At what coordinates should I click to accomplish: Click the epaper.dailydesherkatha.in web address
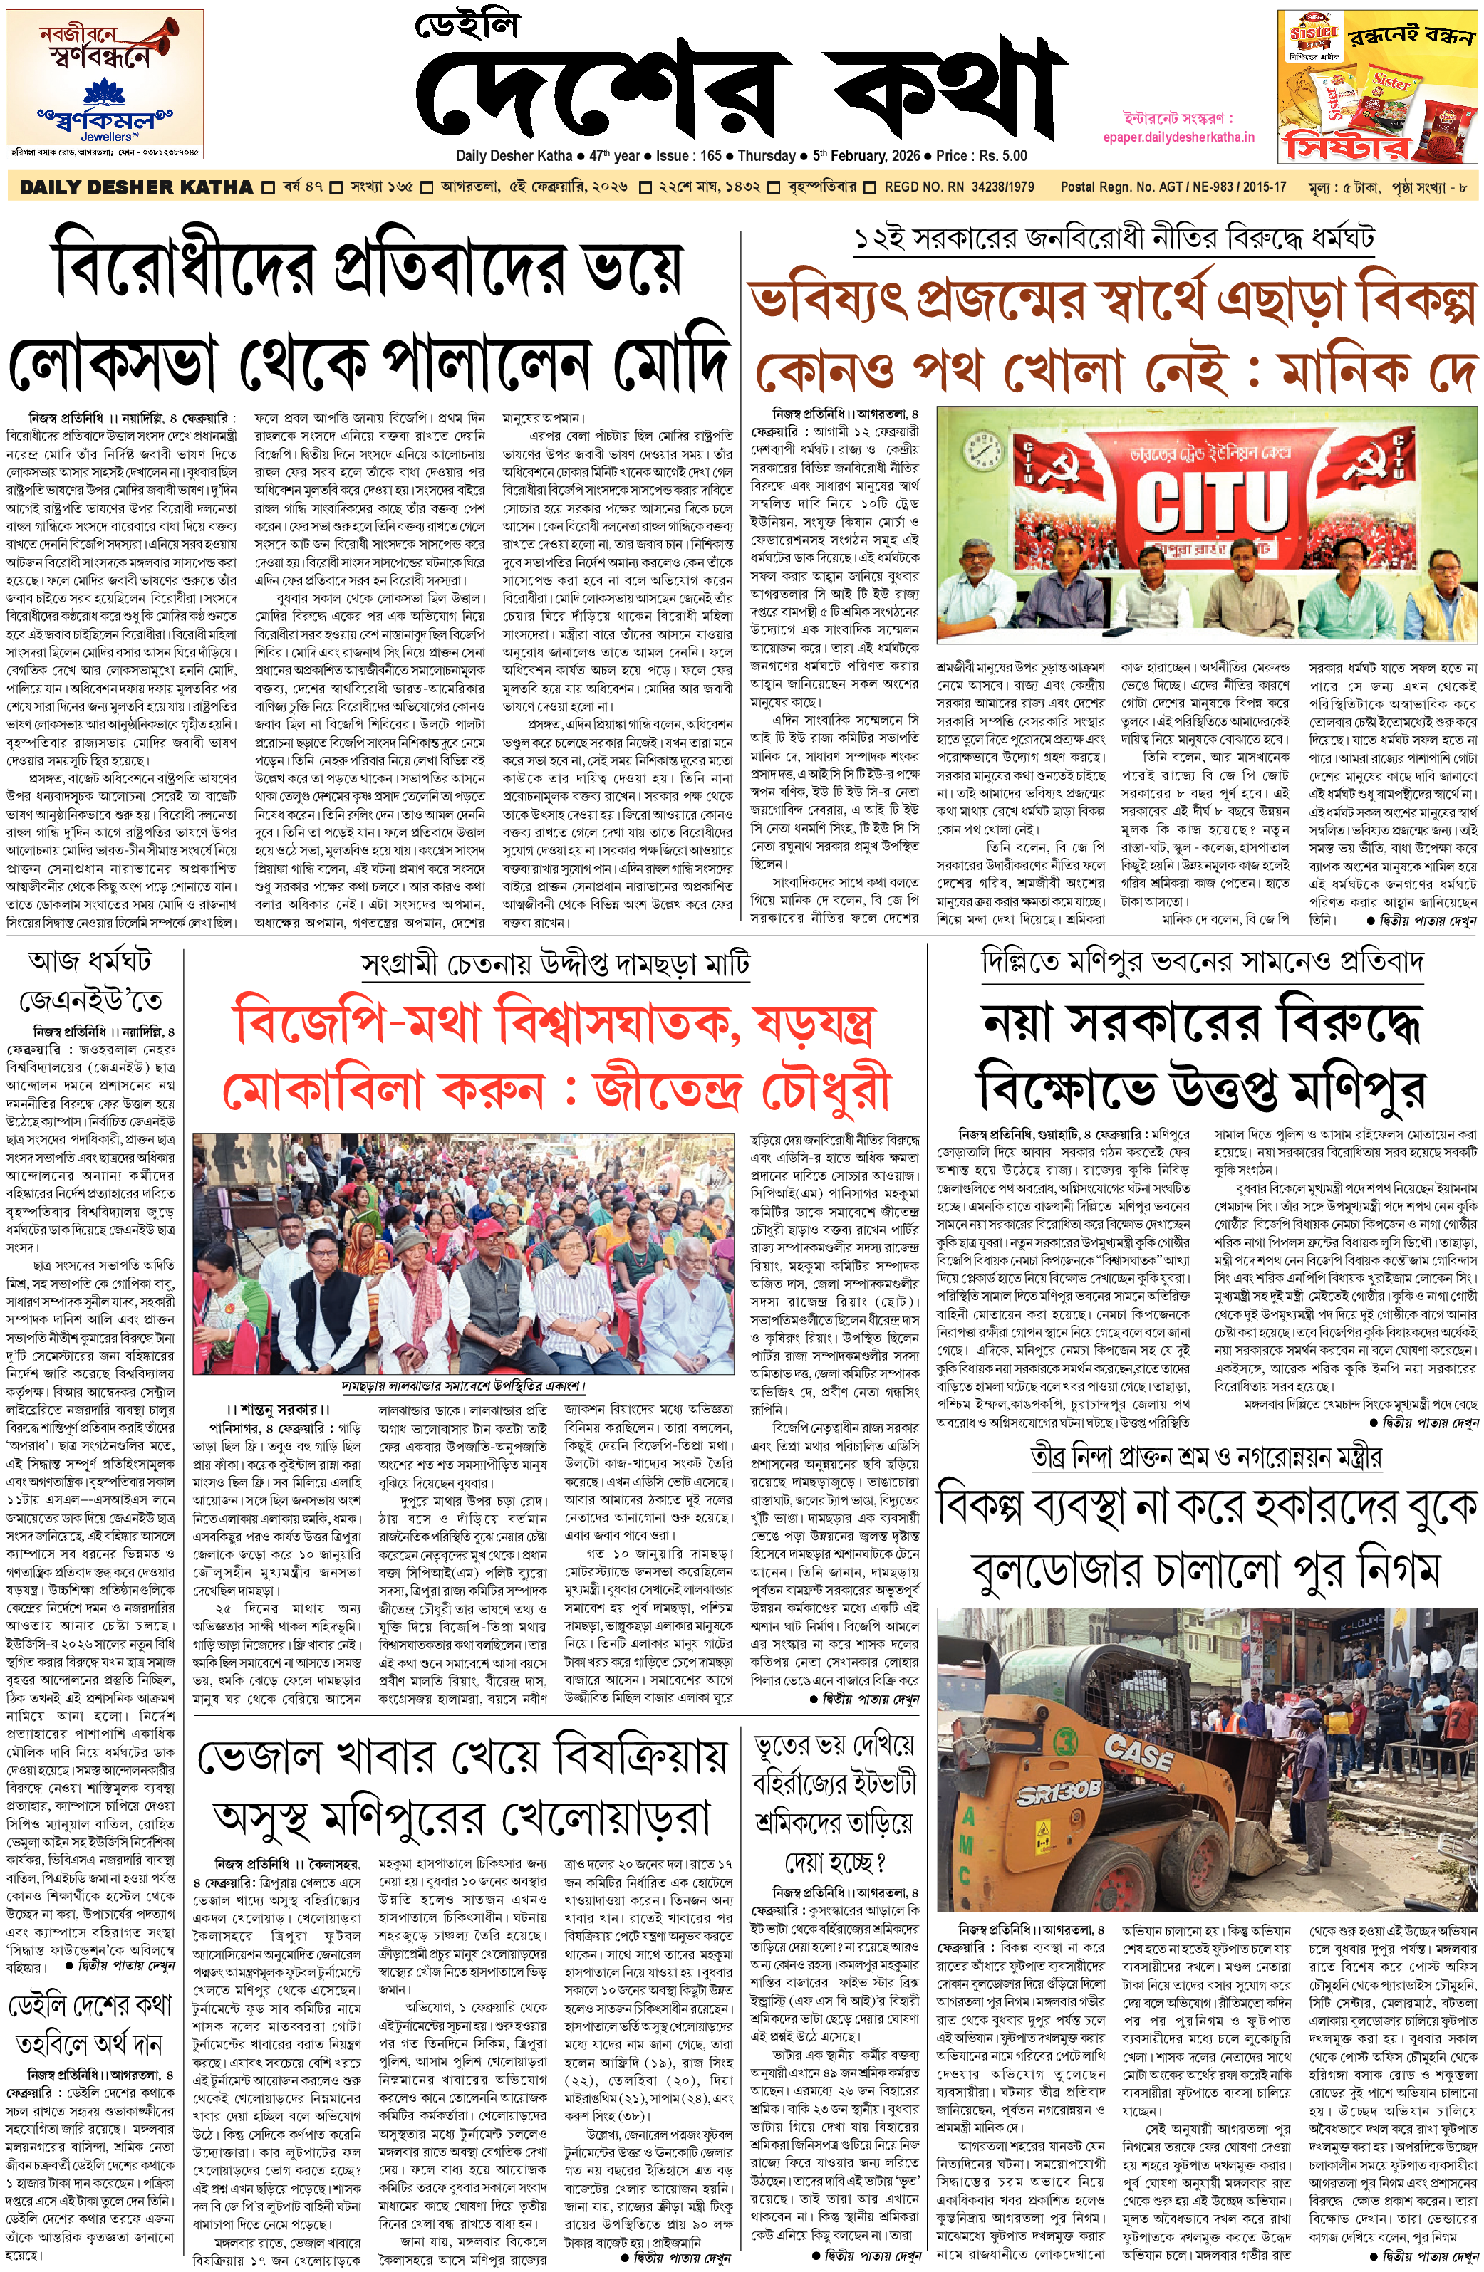1178,137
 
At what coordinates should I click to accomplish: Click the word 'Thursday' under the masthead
766,156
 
